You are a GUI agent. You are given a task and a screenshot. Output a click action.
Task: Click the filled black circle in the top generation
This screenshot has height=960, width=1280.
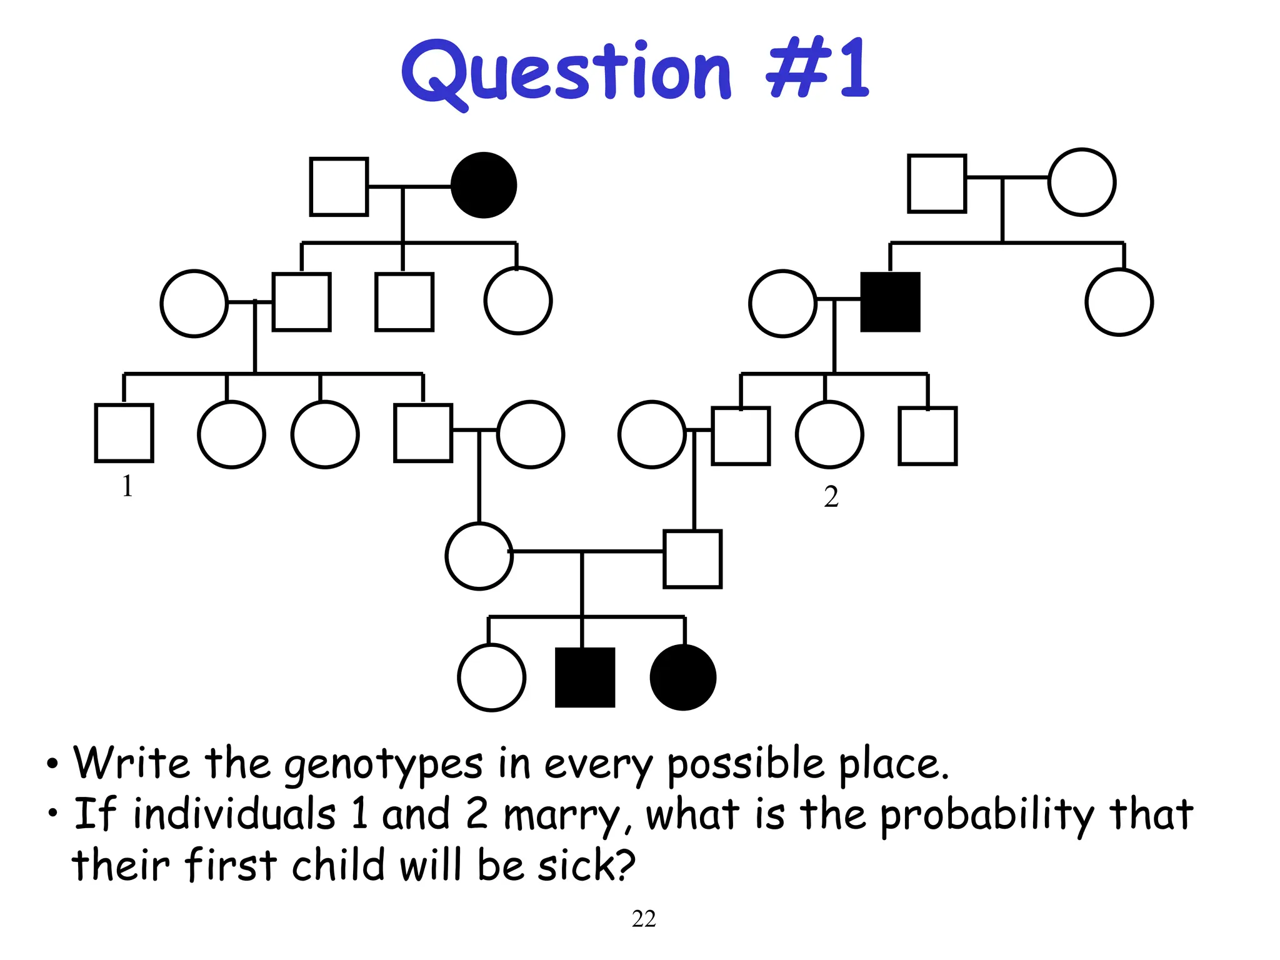(484, 185)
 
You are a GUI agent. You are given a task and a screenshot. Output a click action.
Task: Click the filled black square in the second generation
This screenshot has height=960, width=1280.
(890, 302)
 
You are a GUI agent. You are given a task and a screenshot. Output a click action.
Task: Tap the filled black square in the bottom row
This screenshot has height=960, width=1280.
(585, 677)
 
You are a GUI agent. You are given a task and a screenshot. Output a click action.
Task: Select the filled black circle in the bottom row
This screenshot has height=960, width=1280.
(683, 677)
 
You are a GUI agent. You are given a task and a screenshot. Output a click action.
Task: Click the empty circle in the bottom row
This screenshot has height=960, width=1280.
(491, 677)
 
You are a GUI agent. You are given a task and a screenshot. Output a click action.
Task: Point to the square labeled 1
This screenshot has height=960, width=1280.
(124, 433)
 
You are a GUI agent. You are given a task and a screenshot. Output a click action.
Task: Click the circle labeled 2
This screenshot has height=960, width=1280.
(829, 434)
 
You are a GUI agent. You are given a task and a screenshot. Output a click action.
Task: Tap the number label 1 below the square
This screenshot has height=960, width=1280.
(127, 486)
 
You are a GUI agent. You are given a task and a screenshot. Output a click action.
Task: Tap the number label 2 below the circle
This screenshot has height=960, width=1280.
(831, 497)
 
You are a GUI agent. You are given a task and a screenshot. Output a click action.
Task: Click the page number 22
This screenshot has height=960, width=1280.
(644, 919)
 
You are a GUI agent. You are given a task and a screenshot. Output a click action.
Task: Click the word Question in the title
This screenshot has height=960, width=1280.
(566, 72)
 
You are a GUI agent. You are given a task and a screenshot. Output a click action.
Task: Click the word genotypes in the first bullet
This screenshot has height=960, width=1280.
(383, 765)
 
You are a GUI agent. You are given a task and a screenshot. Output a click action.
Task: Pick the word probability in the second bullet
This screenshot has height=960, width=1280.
(987, 816)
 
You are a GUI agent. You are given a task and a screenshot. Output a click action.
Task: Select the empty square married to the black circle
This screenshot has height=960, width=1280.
(339, 186)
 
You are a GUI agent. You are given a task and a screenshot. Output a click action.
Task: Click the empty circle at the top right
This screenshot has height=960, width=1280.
(1081, 182)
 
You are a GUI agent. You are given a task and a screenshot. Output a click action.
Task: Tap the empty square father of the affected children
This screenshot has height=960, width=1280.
(692, 559)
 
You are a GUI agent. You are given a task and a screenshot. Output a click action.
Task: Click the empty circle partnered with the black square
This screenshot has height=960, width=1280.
(782, 304)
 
